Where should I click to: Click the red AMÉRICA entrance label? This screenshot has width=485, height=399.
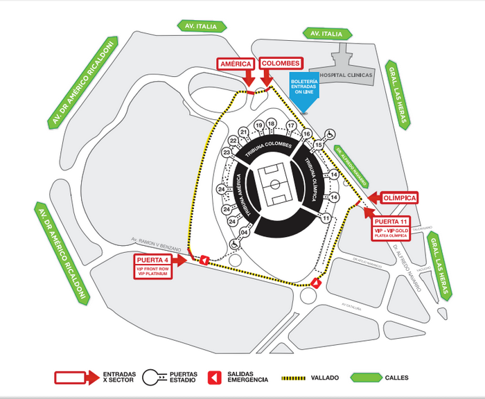[235, 64]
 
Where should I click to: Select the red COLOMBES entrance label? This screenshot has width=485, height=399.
[280, 63]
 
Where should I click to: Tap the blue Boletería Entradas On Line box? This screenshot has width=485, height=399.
[305, 84]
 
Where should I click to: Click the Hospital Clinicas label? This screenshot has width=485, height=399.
[349, 75]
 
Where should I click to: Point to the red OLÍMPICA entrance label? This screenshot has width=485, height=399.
[399, 198]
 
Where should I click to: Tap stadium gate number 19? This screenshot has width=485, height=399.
[258, 125]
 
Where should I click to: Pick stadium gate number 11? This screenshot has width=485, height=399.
[324, 218]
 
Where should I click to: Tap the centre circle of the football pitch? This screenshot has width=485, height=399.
[276, 184]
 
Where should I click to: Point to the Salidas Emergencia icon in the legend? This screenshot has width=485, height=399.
[215, 378]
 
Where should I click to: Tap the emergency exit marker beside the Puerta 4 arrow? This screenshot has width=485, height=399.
[204, 260]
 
